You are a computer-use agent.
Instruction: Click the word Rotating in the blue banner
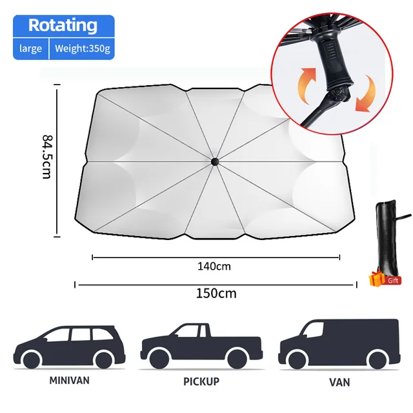(63, 26)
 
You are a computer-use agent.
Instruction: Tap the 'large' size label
(30, 48)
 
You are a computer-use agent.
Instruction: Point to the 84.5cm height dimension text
(46, 157)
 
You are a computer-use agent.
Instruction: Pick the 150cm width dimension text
(216, 293)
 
